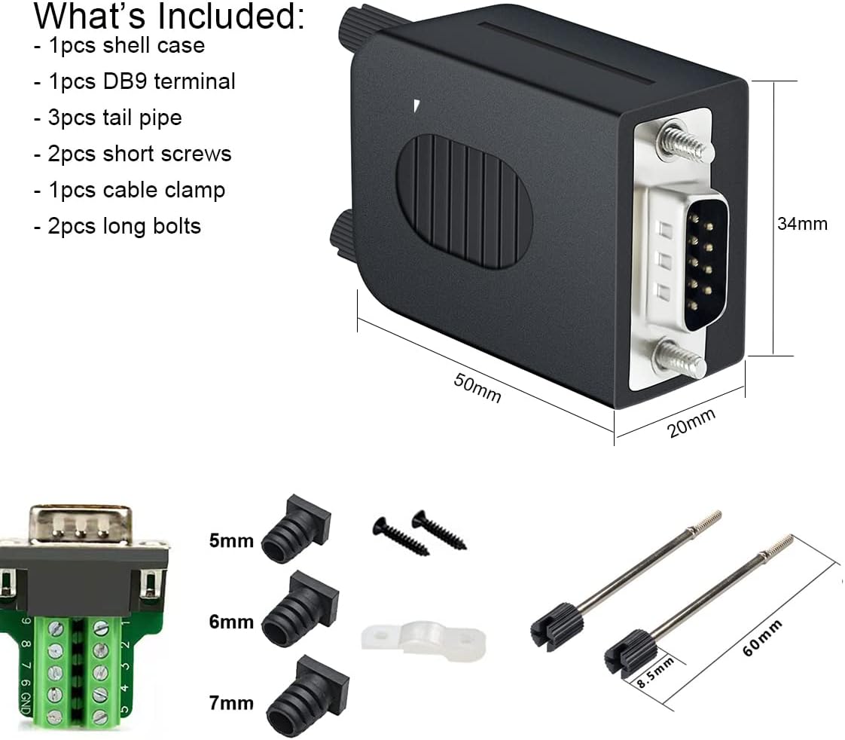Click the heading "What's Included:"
169,17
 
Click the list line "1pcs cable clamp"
129,190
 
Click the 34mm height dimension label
802,224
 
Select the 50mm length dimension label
477,388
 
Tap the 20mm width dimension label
691,423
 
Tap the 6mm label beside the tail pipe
231,622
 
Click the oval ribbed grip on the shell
464,202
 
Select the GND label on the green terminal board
25,704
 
